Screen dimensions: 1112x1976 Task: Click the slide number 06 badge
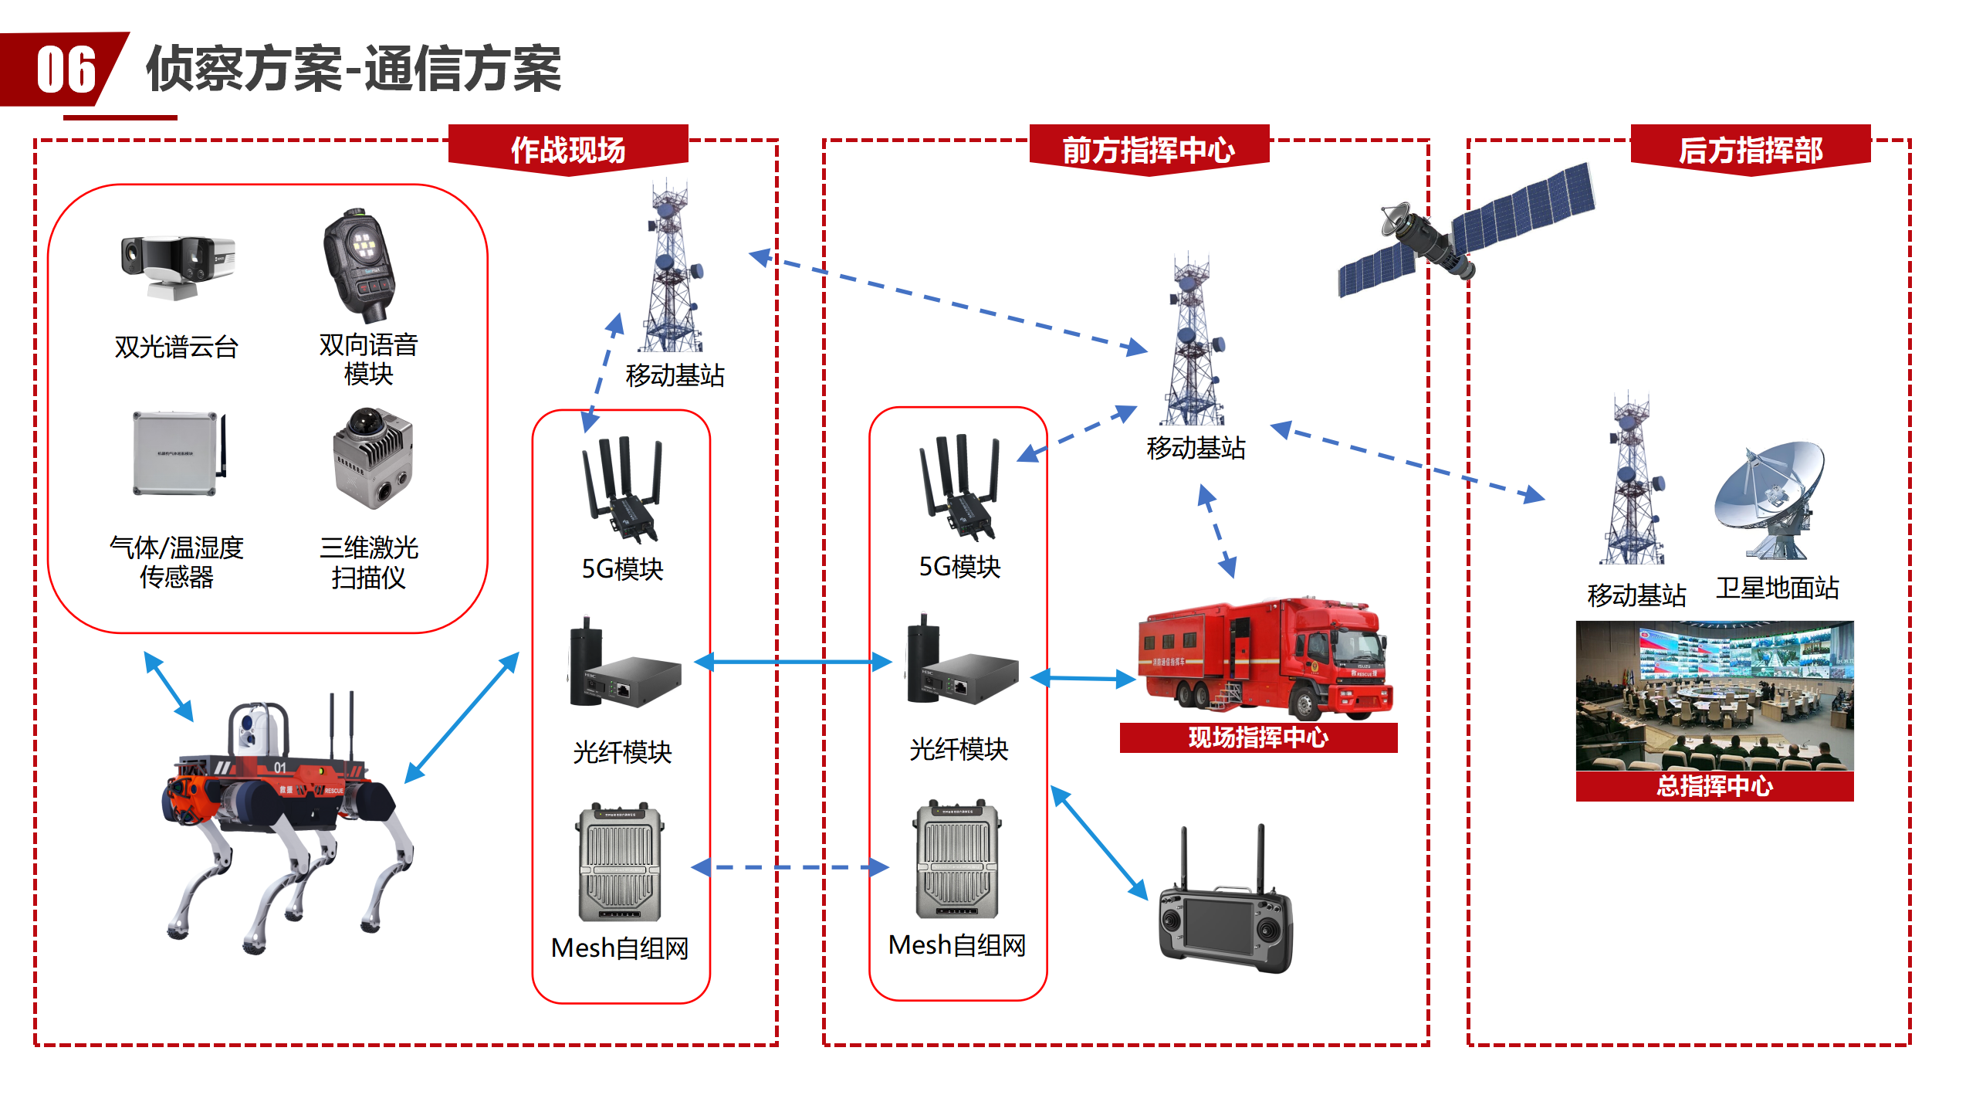[x=66, y=69]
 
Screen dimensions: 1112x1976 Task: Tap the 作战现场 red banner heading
[x=568, y=149]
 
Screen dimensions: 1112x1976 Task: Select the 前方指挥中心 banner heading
[x=1149, y=149]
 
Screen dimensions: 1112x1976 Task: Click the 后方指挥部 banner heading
[x=1751, y=149]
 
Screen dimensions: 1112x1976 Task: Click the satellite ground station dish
[x=1771, y=498]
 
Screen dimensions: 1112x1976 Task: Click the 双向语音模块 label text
[x=368, y=359]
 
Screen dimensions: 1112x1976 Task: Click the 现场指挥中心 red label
[x=1258, y=737]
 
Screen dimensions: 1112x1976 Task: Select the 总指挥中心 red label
[x=1714, y=786]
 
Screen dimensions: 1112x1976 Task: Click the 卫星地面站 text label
[x=1778, y=588]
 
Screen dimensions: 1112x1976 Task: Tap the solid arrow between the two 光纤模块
[x=793, y=662]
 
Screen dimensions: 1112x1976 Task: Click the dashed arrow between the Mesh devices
[x=790, y=867]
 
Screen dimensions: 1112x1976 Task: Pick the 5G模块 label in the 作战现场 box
[x=622, y=569]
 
